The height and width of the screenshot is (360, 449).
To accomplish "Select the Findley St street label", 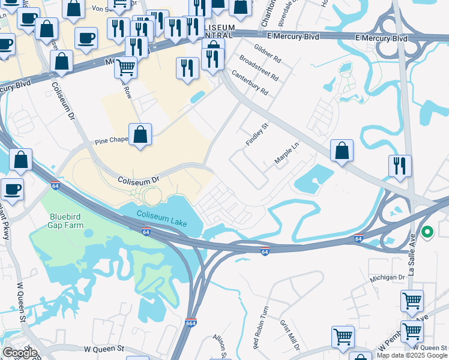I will [256, 134].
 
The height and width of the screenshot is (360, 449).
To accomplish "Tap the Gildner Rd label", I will [267, 53].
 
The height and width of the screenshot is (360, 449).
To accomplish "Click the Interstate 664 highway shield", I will [191, 323].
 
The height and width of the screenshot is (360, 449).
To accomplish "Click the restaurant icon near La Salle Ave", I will [400, 166].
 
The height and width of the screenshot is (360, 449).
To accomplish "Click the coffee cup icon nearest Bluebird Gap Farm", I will [13, 190].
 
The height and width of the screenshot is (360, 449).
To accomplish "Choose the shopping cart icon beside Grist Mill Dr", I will [343, 337].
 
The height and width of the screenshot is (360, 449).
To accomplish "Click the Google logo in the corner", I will [20, 353].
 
